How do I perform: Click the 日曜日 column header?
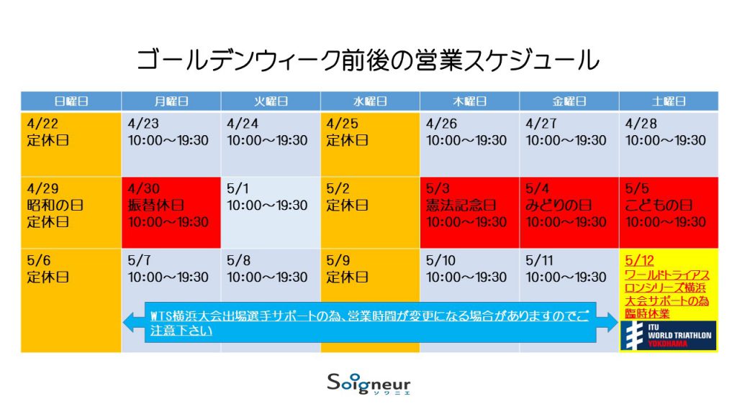pos(71,101)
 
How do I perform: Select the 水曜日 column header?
pos(370,101)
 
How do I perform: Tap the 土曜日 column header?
pos(669,101)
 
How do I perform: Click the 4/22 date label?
pos(42,124)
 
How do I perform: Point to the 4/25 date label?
pos(342,124)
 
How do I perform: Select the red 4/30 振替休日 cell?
pos(171,212)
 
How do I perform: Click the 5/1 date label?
pos(238,189)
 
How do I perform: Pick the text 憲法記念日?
pos(461,205)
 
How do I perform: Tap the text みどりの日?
pos(559,205)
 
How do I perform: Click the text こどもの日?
pos(659,205)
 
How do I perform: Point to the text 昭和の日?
pos(55,205)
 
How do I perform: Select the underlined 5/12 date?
pos(639,260)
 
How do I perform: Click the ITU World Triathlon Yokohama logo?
pos(669,336)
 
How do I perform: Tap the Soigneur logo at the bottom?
pos(369,384)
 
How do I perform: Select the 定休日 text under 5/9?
pos(347,277)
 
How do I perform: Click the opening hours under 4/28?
pos(666,140)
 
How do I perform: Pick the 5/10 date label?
pos(440,260)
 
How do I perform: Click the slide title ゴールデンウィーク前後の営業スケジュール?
pos(368,60)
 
